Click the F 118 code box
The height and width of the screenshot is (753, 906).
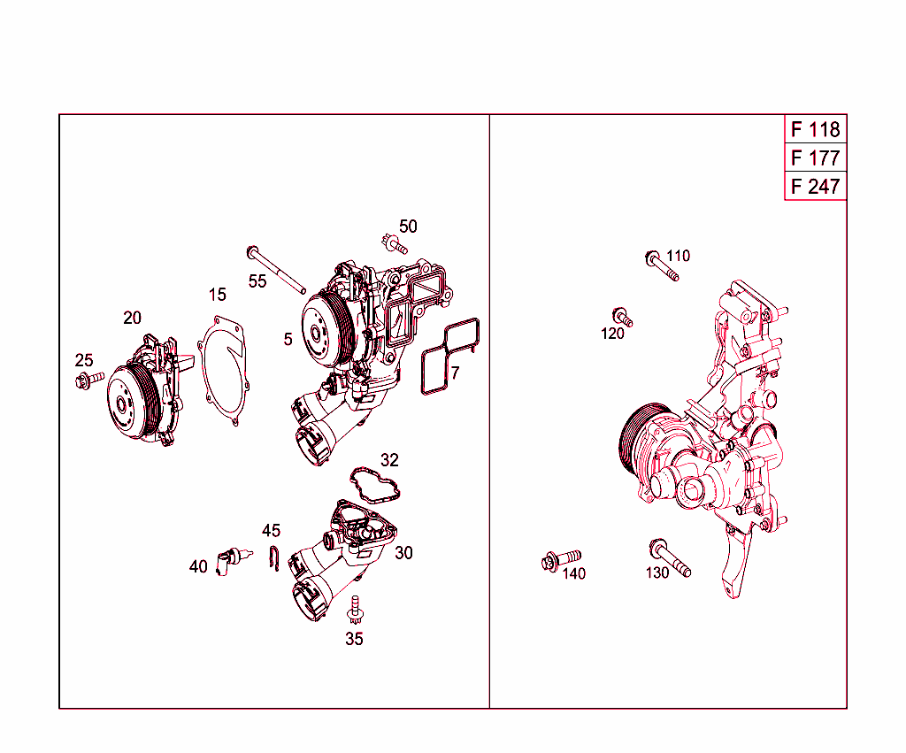click(x=815, y=129)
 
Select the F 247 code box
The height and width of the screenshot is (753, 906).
click(x=815, y=186)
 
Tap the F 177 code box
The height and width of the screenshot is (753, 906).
click(x=815, y=158)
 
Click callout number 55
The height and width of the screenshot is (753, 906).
click(x=257, y=281)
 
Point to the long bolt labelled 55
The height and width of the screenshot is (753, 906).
click(x=276, y=269)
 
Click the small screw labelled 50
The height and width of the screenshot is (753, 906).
click(x=395, y=244)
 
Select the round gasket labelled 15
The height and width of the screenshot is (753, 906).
click(x=223, y=370)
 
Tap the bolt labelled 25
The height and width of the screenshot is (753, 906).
click(x=89, y=380)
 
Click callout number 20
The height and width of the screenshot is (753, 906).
click(x=133, y=318)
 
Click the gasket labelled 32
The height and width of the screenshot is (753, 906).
click(x=375, y=486)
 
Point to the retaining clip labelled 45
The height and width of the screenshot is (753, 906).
click(x=274, y=557)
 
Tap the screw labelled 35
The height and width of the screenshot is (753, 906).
click(x=355, y=611)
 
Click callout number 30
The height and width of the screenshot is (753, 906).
click(x=403, y=553)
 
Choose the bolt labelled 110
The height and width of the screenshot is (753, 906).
click(x=662, y=265)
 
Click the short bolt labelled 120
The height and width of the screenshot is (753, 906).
click(x=622, y=318)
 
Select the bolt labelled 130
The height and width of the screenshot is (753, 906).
click(x=670, y=557)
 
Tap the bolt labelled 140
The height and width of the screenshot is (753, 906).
click(x=561, y=559)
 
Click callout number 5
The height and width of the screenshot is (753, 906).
click(x=288, y=339)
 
